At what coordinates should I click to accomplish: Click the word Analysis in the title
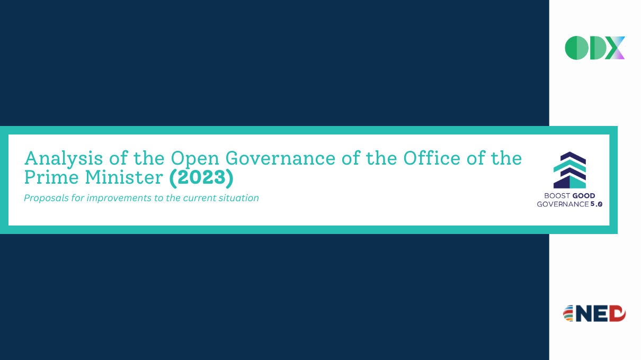click(64, 159)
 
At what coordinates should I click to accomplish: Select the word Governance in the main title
click(280, 158)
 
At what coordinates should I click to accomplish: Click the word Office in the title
click(432, 158)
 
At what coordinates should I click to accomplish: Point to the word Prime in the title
click(51, 177)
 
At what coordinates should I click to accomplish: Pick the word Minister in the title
click(124, 177)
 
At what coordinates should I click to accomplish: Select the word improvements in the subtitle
click(119, 198)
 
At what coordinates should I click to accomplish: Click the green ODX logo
click(595, 48)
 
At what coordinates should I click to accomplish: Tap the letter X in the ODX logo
click(615, 48)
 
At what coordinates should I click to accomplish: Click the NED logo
click(594, 313)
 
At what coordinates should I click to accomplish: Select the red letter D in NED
click(617, 313)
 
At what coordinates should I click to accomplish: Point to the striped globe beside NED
click(568, 313)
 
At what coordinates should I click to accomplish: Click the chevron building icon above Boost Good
click(569, 170)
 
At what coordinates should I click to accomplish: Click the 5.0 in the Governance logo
click(597, 204)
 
